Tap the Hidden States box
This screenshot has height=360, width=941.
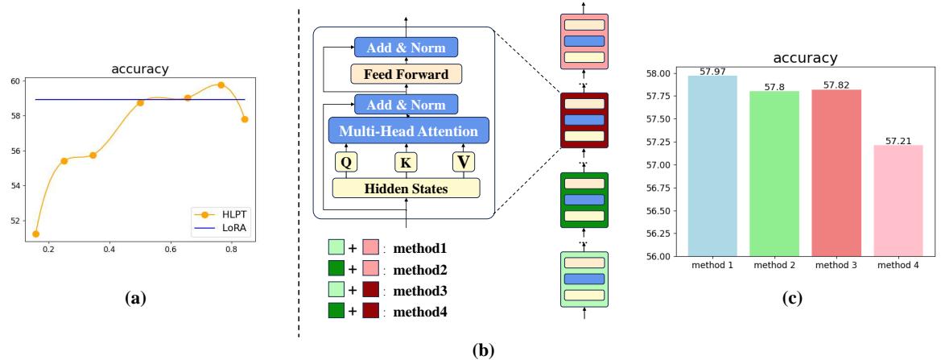[x=406, y=188]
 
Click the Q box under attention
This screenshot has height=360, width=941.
[x=345, y=162]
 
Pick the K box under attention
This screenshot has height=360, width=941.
[x=405, y=162]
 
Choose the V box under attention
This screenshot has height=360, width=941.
[x=464, y=162]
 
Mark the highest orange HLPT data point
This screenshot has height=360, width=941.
[x=221, y=85]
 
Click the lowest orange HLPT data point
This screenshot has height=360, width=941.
[x=35, y=234]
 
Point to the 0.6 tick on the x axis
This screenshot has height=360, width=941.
[x=171, y=250]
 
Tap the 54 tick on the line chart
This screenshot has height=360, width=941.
[x=16, y=186]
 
